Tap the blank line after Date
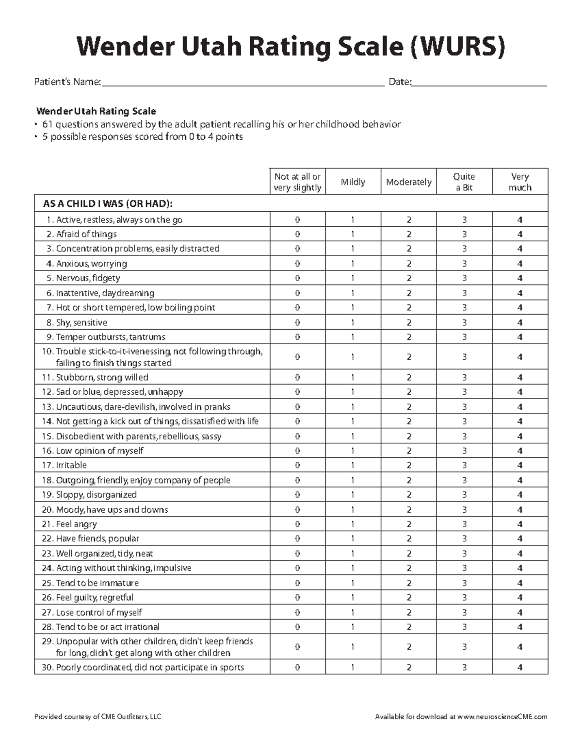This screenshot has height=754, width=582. [x=479, y=84]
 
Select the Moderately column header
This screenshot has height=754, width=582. [x=408, y=182]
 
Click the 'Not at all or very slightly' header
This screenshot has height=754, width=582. [x=297, y=182]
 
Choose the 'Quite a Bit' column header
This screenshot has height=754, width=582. [x=464, y=182]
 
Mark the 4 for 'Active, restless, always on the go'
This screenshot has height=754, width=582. [x=520, y=220]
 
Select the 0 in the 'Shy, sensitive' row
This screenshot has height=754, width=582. [x=297, y=322]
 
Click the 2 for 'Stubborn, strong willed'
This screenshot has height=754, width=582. [x=409, y=377]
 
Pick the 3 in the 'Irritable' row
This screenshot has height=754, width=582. [x=464, y=465]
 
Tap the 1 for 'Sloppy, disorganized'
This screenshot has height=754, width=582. [x=353, y=495]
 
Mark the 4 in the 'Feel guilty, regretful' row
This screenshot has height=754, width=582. [x=520, y=598]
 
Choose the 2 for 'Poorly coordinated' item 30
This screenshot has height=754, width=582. [x=409, y=668]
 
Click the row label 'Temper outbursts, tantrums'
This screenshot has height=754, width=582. [x=110, y=337]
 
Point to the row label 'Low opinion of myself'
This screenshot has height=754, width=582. [x=99, y=451]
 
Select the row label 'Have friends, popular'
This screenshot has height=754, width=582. [x=97, y=538]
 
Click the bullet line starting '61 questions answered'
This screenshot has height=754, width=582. [x=221, y=124]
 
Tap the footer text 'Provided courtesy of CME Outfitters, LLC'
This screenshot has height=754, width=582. [x=97, y=717]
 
